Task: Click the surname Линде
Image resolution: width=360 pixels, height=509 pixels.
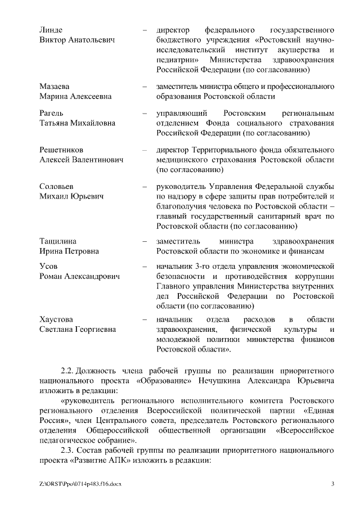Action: click(51, 29)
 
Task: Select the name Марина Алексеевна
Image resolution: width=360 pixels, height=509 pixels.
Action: click(75, 96)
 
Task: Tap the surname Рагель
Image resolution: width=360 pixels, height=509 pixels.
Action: click(51, 113)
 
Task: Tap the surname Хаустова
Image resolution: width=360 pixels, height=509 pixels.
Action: click(56, 319)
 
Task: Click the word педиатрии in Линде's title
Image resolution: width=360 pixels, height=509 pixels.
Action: click(174, 60)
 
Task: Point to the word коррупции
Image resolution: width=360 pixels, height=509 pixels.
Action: click(315, 276)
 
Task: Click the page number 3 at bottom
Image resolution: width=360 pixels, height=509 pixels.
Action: click(333, 484)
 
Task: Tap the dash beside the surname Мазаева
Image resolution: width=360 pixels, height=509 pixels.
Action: click(145, 87)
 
